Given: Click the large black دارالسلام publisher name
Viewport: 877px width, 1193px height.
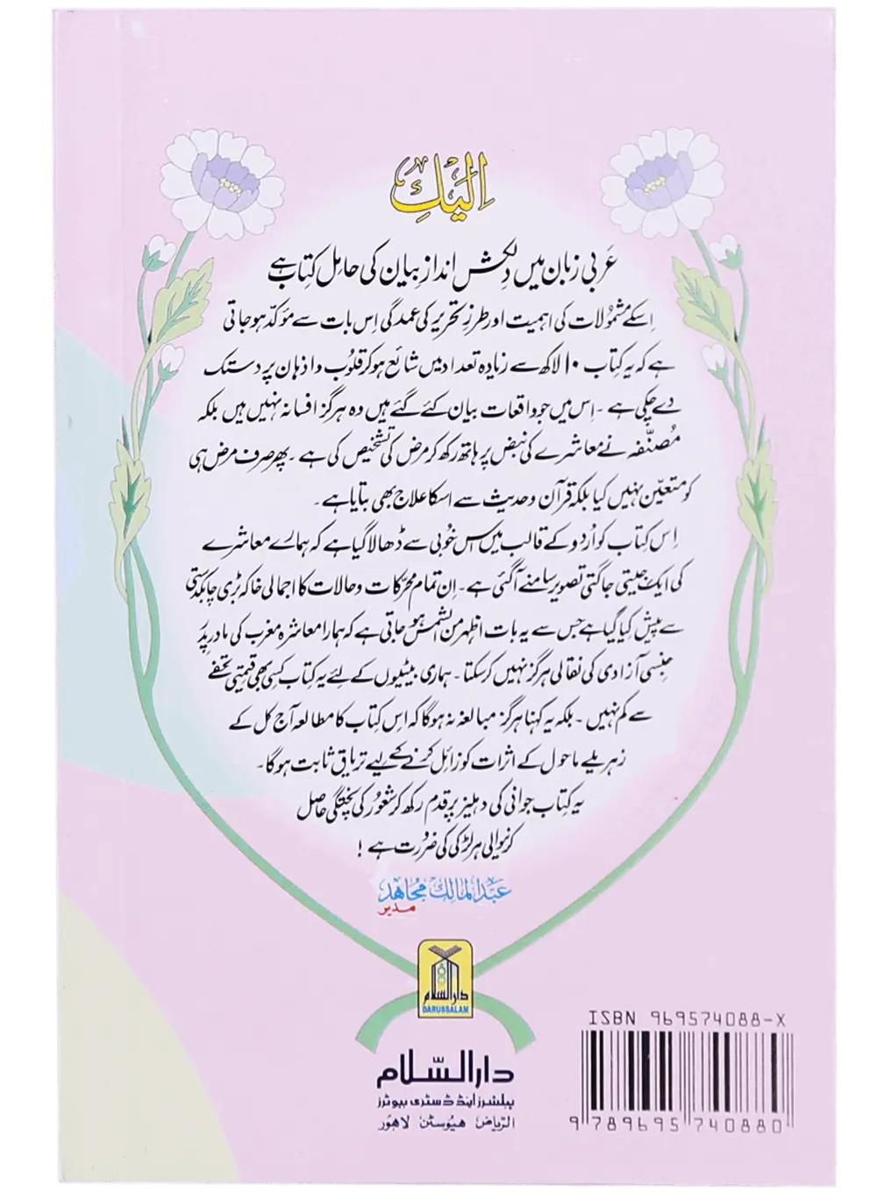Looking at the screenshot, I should pos(435,1081).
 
